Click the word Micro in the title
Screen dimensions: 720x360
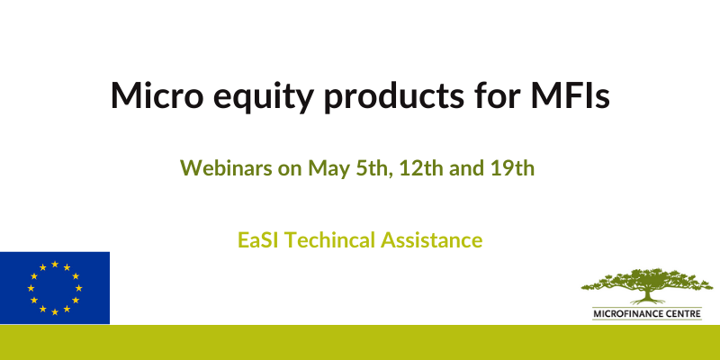[157, 95]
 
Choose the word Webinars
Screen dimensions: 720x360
[226, 167]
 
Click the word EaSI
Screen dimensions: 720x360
[259, 240]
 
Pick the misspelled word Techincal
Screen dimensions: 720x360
[332, 240]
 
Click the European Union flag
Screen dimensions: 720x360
[55, 288]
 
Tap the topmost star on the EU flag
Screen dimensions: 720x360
[55, 264]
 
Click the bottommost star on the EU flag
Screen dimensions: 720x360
[55, 311]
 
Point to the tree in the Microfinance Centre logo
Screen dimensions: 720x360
[646, 285]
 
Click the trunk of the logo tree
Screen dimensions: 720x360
[647, 295]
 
